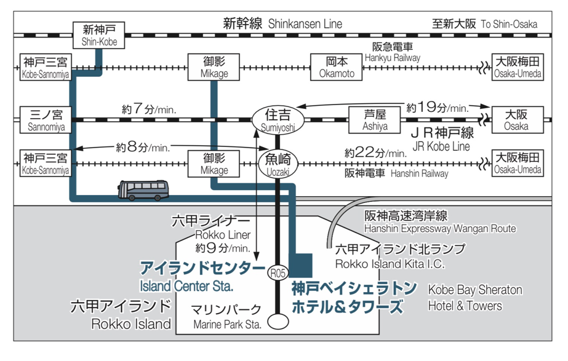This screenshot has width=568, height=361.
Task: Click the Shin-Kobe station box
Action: tap(99, 35)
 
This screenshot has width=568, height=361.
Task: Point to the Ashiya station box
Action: tap(376, 119)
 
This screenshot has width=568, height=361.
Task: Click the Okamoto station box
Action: tap(337, 66)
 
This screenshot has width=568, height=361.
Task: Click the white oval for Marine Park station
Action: tap(280, 321)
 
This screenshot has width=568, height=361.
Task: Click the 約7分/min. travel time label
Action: tap(149, 109)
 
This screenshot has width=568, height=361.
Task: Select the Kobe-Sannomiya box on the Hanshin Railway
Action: tap(46, 164)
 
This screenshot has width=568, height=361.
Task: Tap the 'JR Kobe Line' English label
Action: tap(441, 146)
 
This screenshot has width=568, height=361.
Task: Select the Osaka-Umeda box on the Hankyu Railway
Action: tap(517, 66)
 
